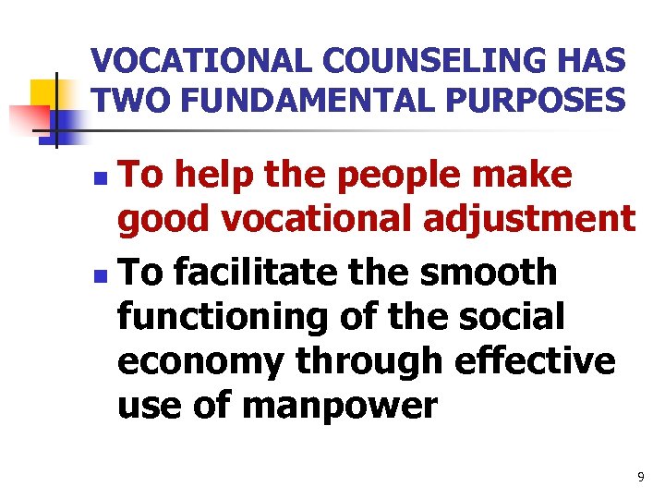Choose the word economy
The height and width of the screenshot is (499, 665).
[200, 361]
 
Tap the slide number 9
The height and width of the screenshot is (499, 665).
[641, 477]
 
